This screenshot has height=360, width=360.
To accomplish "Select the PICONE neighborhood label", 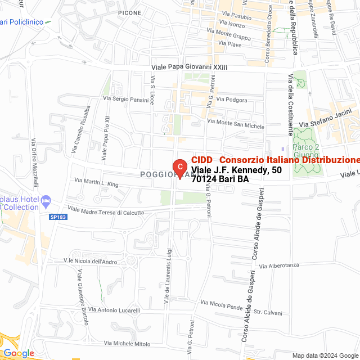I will [x=130, y=12].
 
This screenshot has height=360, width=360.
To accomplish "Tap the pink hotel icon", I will [x=46, y=200].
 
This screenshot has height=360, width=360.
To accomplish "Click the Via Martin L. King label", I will [x=97, y=183].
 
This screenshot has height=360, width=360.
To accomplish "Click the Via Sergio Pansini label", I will [x=125, y=99].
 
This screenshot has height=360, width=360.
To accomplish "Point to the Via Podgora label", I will [x=232, y=100].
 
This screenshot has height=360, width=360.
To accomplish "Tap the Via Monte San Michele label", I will [x=236, y=124].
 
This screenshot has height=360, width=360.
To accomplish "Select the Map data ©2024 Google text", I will [x=325, y=355].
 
